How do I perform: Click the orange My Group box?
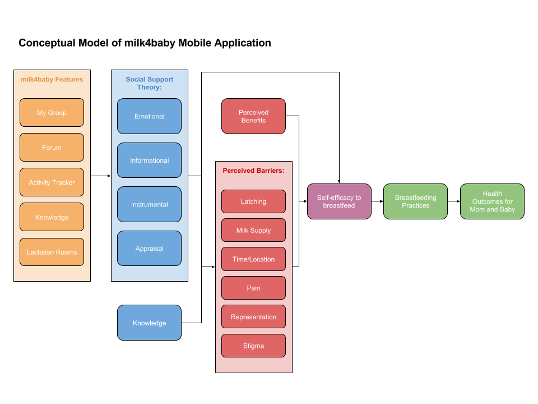[x=52, y=113]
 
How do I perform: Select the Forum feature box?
[x=52, y=148]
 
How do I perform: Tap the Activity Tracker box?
[x=52, y=182]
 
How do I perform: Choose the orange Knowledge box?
[x=52, y=217]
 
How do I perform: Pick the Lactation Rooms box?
[x=52, y=252]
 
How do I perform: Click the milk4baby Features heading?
[x=52, y=80]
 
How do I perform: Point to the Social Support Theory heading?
[x=149, y=83]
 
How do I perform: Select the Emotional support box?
[x=149, y=116]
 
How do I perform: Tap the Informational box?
[x=149, y=160]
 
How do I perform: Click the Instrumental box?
[x=149, y=204]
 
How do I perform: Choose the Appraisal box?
[x=149, y=249]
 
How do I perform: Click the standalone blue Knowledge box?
[x=149, y=323]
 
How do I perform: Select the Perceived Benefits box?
[x=253, y=116]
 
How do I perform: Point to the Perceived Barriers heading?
[x=253, y=171]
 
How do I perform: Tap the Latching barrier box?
[x=253, y=201]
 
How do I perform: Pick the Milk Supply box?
[x=253, y=230]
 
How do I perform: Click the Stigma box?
[x=253, y=346]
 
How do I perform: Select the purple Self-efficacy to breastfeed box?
[x=339, y=201]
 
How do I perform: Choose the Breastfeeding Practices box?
[x=415, y=201]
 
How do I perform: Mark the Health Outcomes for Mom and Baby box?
[x=492, y=201]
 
